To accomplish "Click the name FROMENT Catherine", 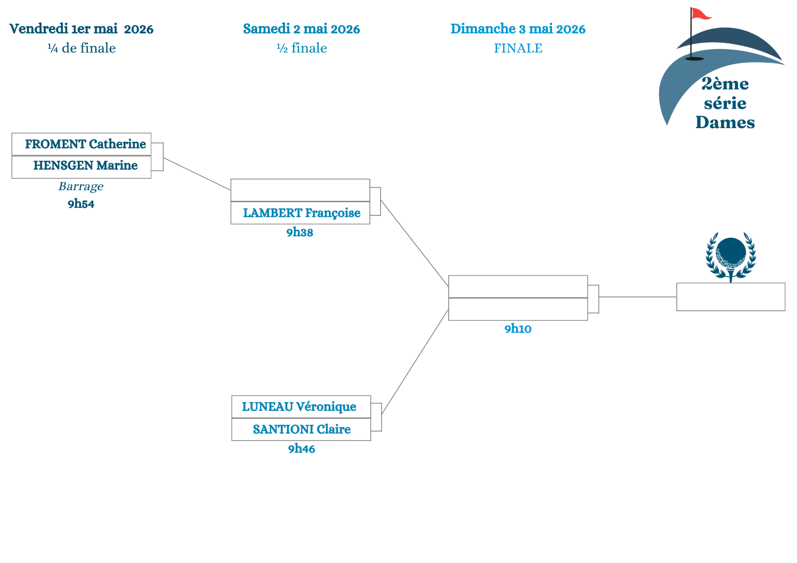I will click(x=85, y=144).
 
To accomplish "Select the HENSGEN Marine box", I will click(x=85, y=166).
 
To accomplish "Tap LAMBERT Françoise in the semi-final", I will click(x=301, y=213).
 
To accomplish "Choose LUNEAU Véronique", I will click(x=299, y=407).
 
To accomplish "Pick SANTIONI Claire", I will click(x=301, y=429).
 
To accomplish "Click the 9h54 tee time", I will click(x=81, y=204).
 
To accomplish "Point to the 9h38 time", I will click(x=299, y=232).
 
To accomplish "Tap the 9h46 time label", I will click(x=301, y=448).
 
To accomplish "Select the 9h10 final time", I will click(x=518, y=329).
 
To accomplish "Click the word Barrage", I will click(x=81, y=186).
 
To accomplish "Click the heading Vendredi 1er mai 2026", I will click(x=81, y=29).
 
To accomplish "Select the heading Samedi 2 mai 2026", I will click(x=301, y=29).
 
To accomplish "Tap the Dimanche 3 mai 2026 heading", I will click(x=518, y=29).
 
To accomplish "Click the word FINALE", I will click(x=518, y=48).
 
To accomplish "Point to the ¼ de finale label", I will click(x=81, y=48).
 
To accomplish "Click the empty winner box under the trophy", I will click(x=731, y=297).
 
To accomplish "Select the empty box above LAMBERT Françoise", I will click(x=300, y=190).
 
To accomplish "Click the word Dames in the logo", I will click(x=725, y=122).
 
